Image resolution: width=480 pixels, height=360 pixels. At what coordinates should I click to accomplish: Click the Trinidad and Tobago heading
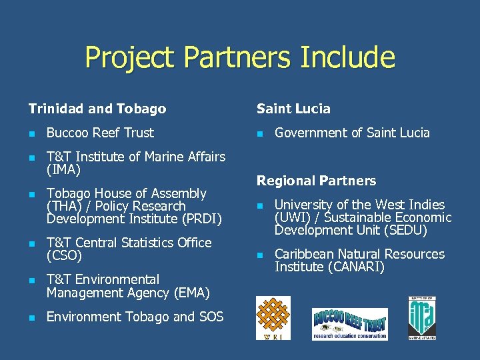pyautogui.click(x=97, y=109)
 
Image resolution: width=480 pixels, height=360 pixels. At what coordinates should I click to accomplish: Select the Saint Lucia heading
pyautogui.click(x=293, y=109)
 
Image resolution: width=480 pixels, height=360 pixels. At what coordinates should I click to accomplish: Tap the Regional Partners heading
pyautogui.click(x=316, y=181)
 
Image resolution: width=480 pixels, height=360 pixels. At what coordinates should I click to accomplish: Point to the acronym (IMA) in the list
pyautogui.click(x=63, y=169)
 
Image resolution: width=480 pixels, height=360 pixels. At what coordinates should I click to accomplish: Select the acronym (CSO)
pyautogui.click(x=64, y=255)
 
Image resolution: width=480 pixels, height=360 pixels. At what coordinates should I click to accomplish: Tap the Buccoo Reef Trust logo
pyautogui.click(x=350, y=324)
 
